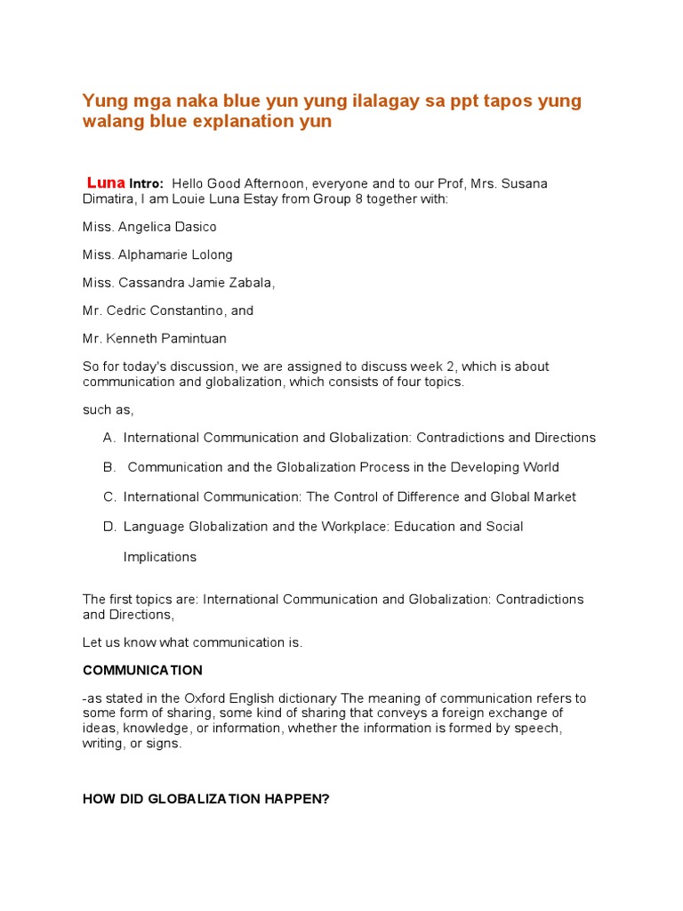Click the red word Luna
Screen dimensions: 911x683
(106, 182)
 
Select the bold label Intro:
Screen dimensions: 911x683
(147, 183)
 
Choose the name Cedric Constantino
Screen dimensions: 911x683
(167, 310)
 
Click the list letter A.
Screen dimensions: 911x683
(108, 438)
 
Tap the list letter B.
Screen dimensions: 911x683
(108, 467)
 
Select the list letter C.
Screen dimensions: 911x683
(108, 496)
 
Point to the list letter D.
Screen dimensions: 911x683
(108, 527)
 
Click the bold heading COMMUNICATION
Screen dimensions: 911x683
(142, 670)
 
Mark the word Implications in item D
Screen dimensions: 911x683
(160, 557)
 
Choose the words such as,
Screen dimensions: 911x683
(108, 409)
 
